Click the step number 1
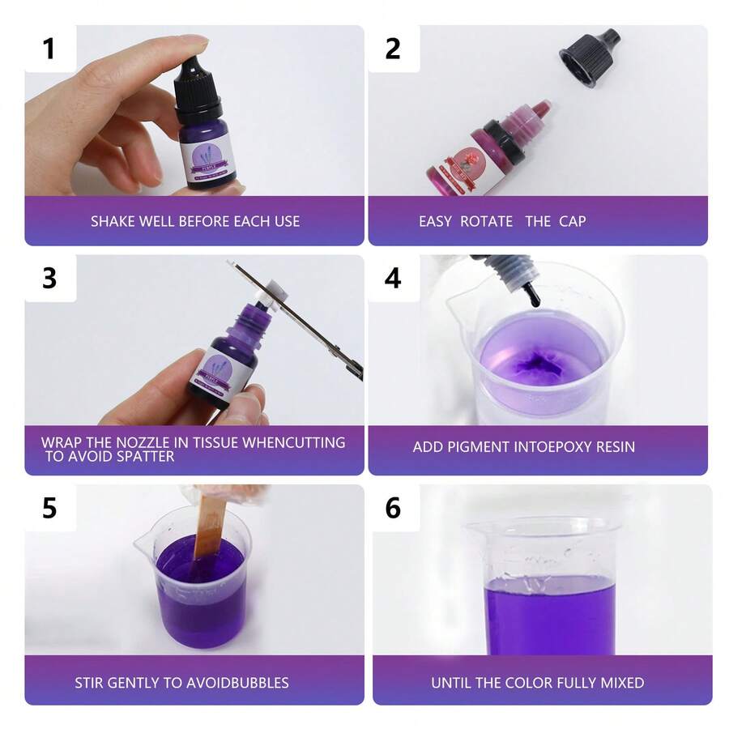pos(49,49)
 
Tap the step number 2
pos(393,49)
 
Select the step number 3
pos(49,278)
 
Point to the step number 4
pos(393,278)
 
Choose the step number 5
pos(49,508)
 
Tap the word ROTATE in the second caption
pos(486,221)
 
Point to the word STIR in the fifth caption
pos(91,682)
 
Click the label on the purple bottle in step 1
pos(207,156)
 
